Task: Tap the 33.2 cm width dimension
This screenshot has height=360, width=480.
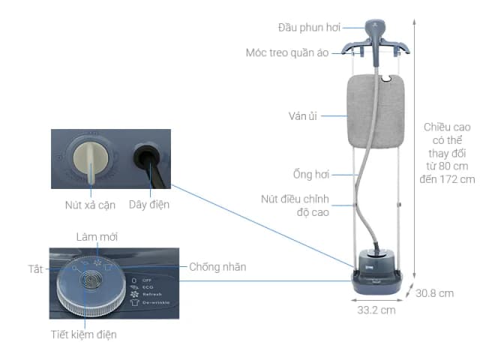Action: pyautogui.click(x=376, y=310)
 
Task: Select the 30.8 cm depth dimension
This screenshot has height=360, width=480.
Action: pyautogui.click(x=434, y=293)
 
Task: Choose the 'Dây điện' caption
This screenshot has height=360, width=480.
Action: pyautogui.click(x=149, y=204)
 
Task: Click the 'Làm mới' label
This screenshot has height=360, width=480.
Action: pyautogui.click(x=97, y=237)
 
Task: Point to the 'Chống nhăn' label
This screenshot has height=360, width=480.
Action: pyautogui.click(x=217, y=266)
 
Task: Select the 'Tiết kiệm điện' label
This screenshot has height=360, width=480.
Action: pyautogui.click(x=84, y=334)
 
